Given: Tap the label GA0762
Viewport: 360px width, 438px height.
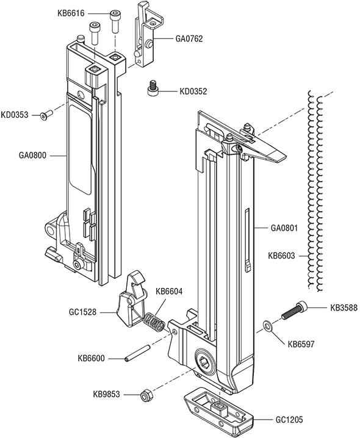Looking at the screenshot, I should [189, 38].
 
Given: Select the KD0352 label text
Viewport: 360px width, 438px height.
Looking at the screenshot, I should [193, 92].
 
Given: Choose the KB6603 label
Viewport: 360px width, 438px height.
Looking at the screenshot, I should [281, 256].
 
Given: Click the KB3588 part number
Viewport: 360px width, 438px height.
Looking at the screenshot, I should [343, 307].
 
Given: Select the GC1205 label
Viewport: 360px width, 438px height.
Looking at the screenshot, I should [289, 420].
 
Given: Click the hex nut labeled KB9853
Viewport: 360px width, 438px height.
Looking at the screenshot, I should [146, 395].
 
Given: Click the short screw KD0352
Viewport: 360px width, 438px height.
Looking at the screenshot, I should [155, 89].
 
